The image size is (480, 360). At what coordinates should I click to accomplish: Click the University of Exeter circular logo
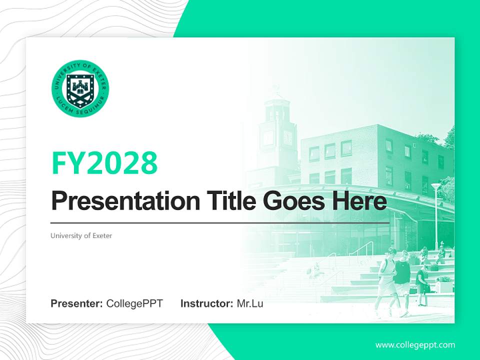[80, 88]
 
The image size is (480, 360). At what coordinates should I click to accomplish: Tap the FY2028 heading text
[104, 162]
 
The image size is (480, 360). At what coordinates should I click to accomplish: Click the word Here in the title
[358, 202]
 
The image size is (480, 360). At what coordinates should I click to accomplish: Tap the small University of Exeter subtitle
[81, 235]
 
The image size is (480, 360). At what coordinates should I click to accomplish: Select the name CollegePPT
[134, 303]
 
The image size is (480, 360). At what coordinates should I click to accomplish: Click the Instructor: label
[206, 303]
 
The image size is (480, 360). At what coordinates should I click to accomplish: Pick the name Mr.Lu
[250, 303]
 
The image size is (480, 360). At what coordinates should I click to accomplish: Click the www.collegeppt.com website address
[415, 345]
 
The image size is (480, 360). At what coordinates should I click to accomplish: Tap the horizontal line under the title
[220, 222]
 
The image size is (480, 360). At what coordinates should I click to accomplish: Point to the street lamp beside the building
[436, 210]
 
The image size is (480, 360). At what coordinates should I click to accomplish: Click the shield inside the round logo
[80, 88]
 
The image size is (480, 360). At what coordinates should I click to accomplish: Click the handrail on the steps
[364, 250]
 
